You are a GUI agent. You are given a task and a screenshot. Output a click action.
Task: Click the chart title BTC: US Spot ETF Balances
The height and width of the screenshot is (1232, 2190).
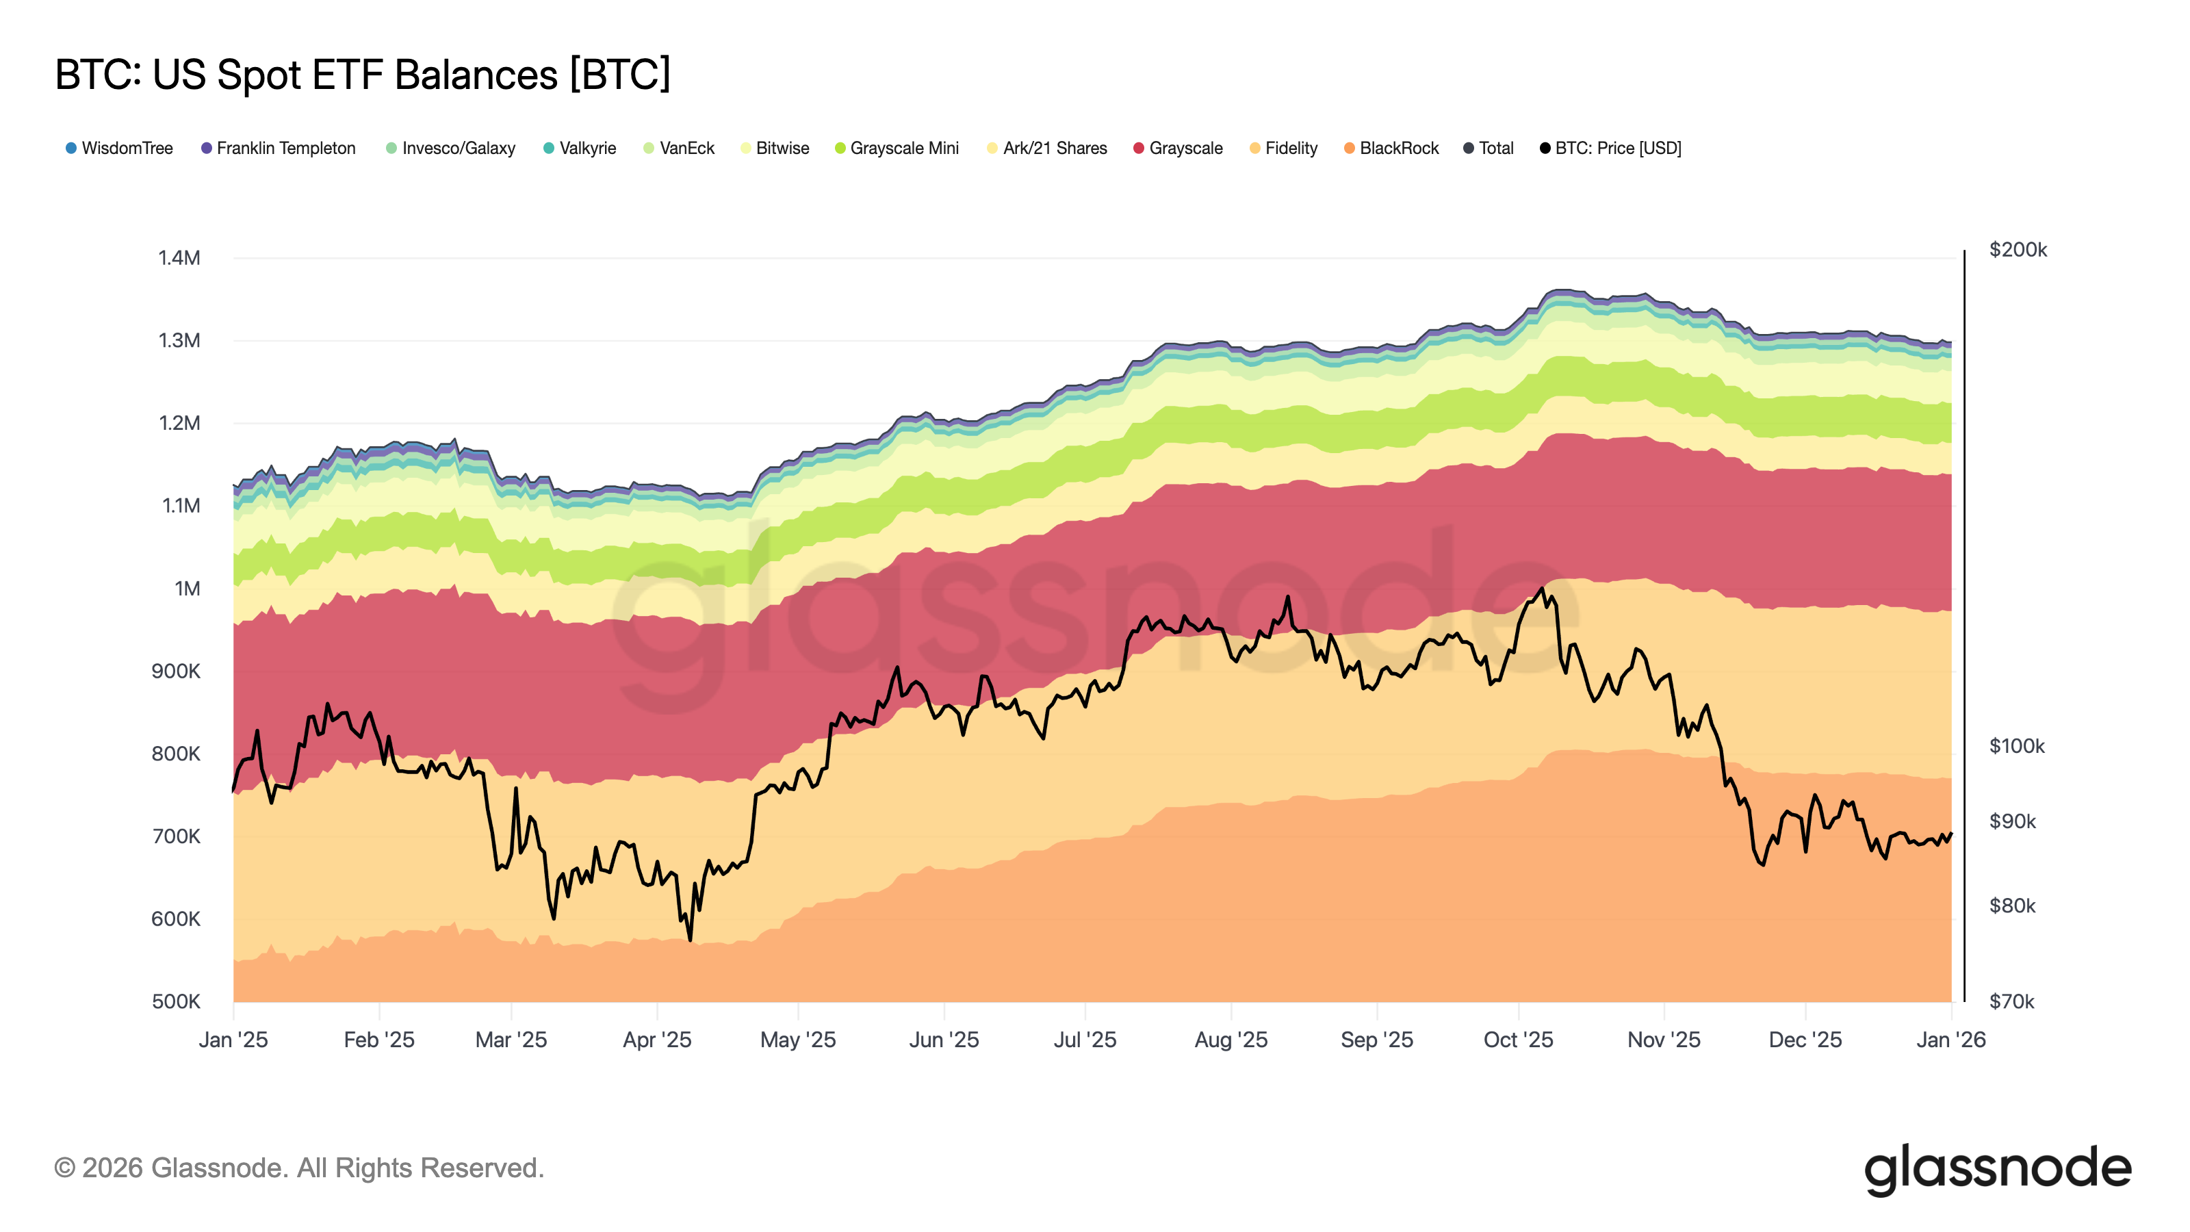(x=363, y=75)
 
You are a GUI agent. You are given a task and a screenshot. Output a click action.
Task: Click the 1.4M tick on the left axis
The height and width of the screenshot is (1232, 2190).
(x=179, y=257)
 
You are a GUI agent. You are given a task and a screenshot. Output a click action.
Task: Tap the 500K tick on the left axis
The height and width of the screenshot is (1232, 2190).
(x=176, y=1001)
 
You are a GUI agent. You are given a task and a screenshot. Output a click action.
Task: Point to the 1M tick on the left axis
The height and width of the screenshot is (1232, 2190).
(x=187, y=589)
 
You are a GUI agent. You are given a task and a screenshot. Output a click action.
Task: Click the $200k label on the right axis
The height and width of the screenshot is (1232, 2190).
(x=2018, y=250)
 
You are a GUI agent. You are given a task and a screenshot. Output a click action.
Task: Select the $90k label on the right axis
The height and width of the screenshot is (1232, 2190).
(x=2012, y=821)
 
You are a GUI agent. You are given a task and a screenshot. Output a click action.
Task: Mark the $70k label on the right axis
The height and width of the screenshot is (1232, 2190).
(x=2011, y=1001)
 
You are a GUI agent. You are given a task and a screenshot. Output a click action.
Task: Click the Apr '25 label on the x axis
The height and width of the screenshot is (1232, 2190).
(x=657, y=1040)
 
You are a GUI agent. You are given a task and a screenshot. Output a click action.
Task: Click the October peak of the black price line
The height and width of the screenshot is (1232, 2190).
(x=1541, y=589)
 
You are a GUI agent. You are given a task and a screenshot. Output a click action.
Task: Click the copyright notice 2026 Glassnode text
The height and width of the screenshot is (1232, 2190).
(x=299, y=1168)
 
